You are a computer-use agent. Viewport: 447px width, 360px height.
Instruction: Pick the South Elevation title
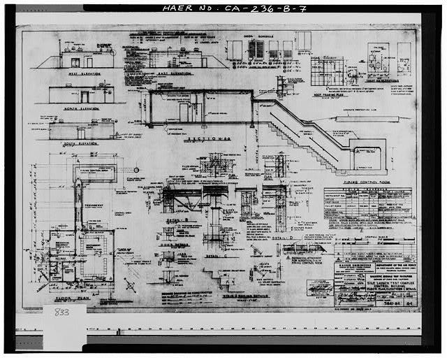point(79,144)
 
